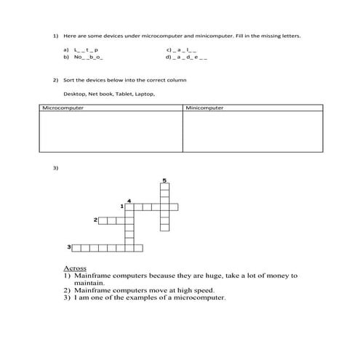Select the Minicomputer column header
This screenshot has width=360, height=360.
tap(205, 108)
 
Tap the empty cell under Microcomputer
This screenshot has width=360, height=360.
tap(110, 132)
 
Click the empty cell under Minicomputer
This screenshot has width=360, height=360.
tap(252, 132)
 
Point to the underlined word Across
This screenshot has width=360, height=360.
tap(75, 268)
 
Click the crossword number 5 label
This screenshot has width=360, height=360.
tap(164, 180)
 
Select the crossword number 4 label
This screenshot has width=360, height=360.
tap(129, 200)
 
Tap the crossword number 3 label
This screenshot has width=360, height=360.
tap(69, 247)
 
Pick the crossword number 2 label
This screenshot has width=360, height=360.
tap(95, 219)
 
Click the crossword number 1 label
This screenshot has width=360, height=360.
tap(121, 207)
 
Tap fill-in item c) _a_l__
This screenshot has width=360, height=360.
tap(182, 49)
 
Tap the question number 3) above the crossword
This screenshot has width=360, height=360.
tap(55, 168)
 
